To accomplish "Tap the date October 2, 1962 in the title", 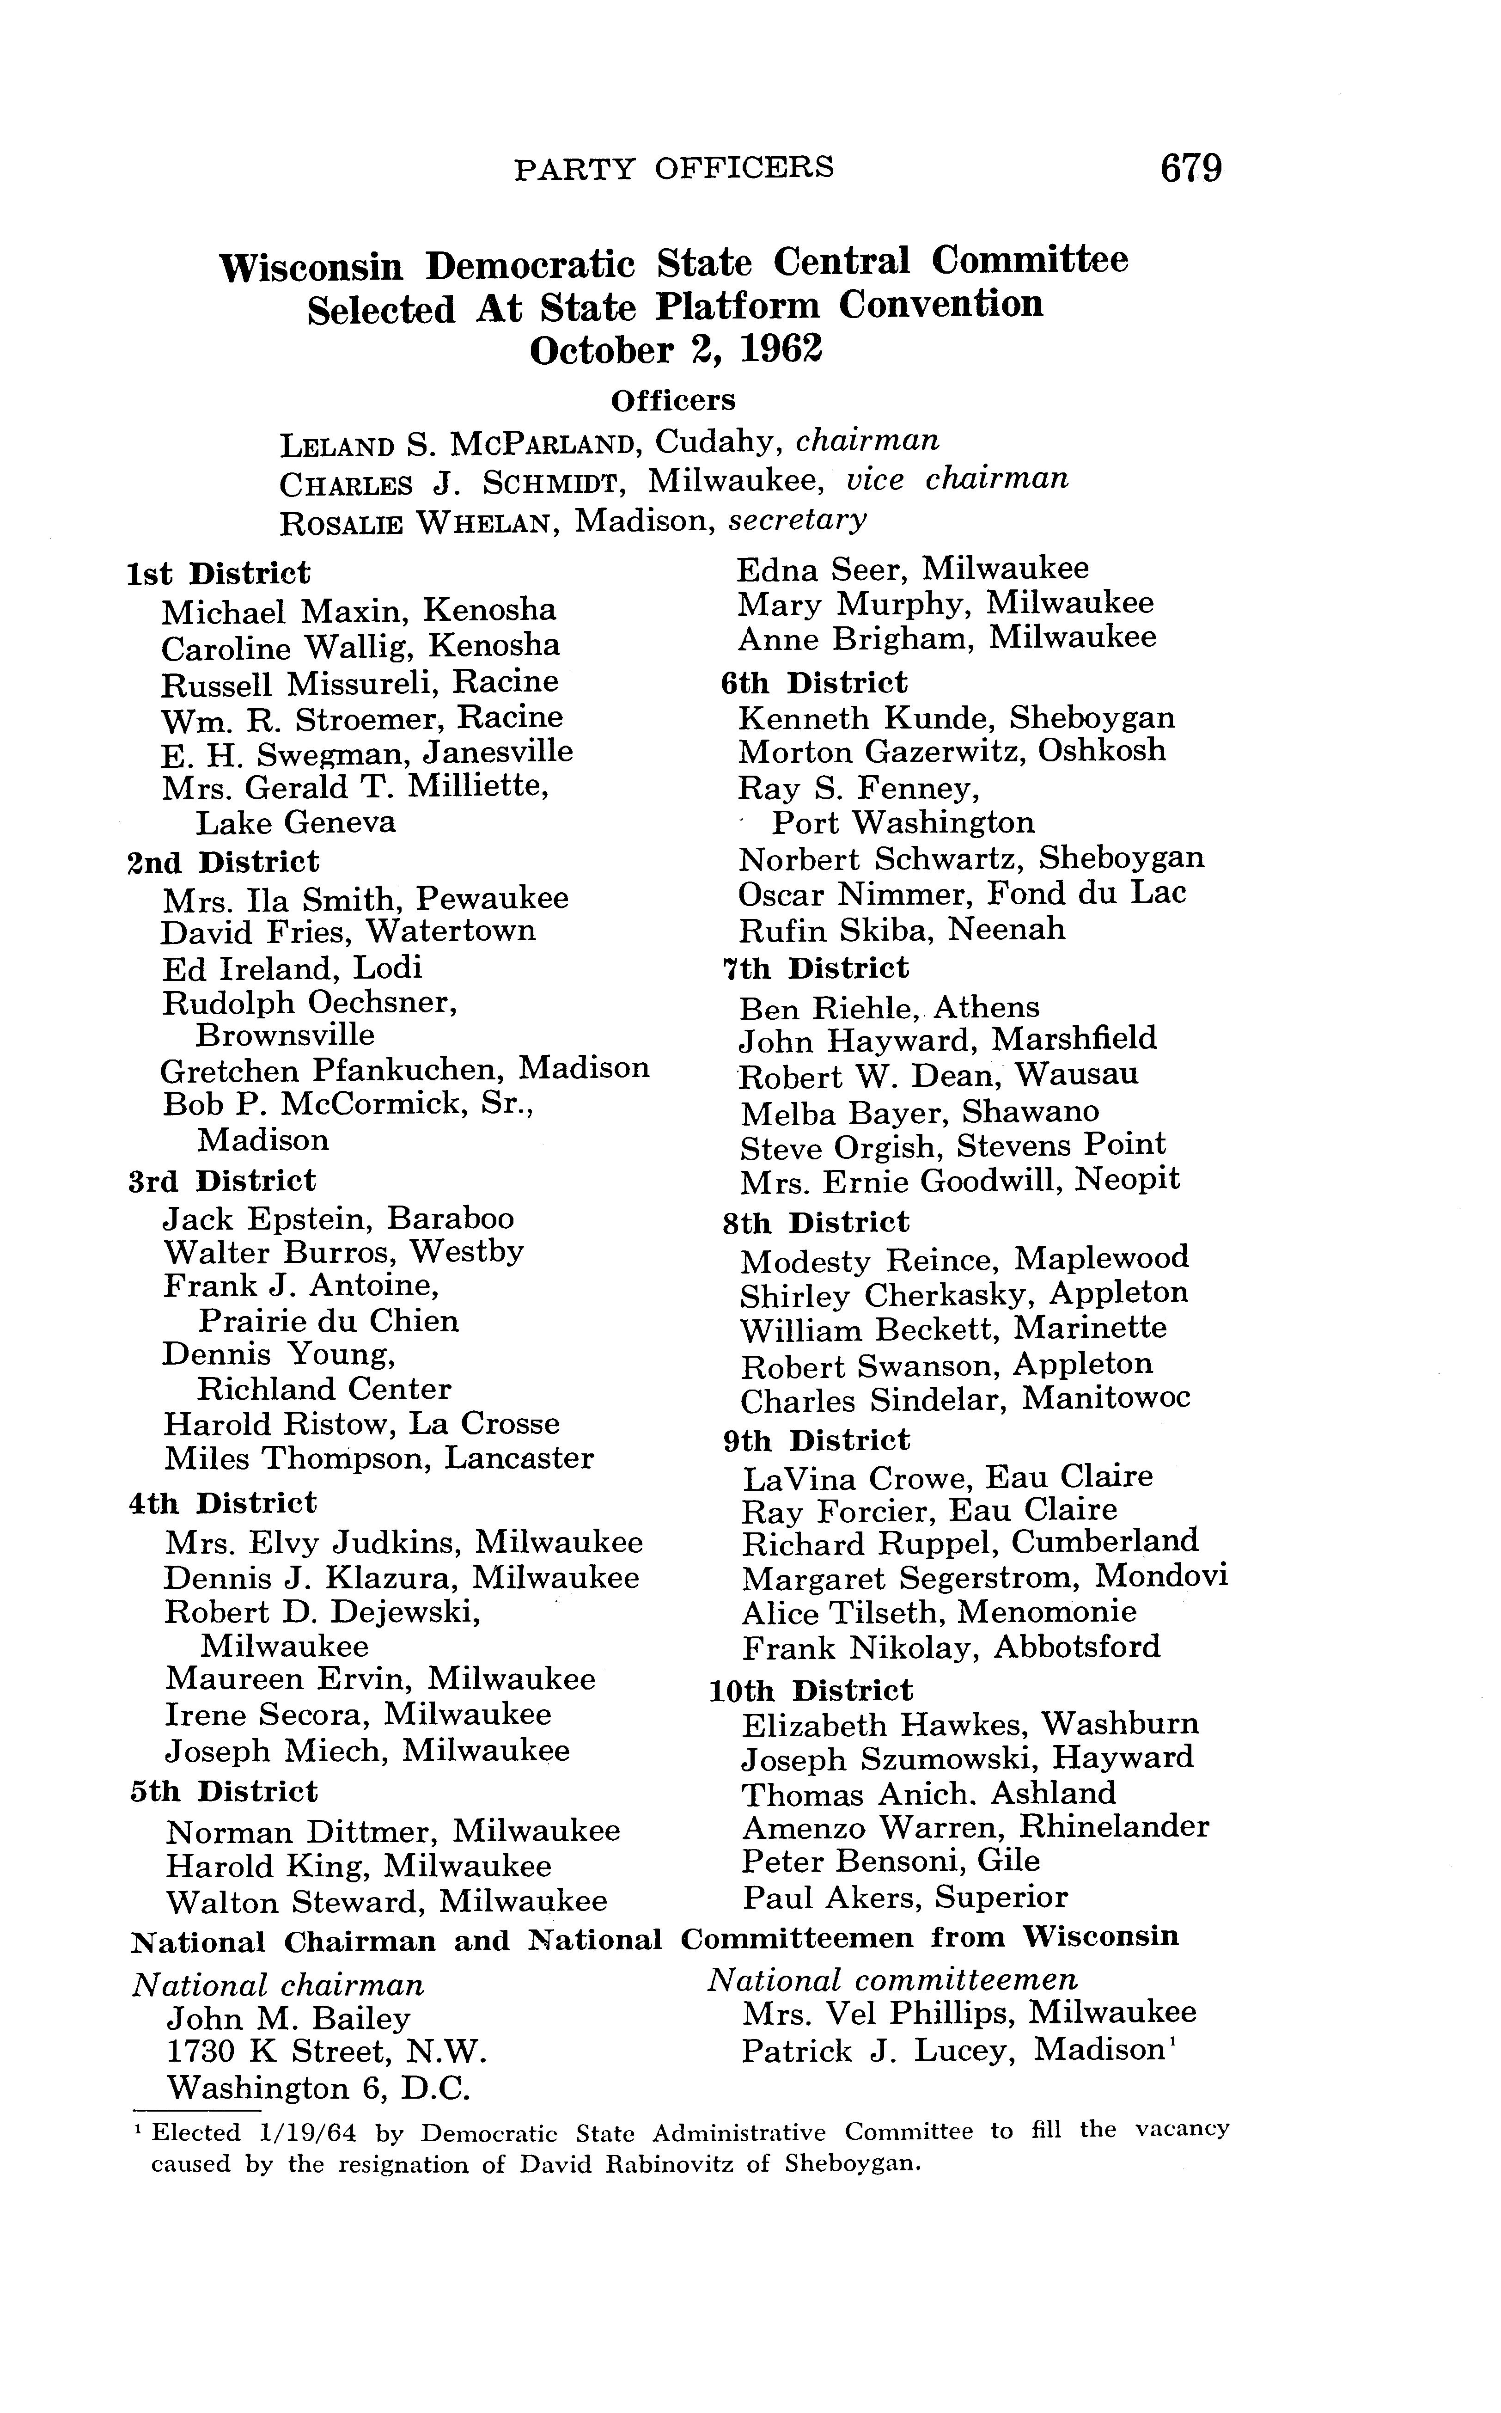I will tap(676, 350).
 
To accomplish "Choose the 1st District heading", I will tap(220, 573).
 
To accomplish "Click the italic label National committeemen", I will tap(891, 1980).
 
